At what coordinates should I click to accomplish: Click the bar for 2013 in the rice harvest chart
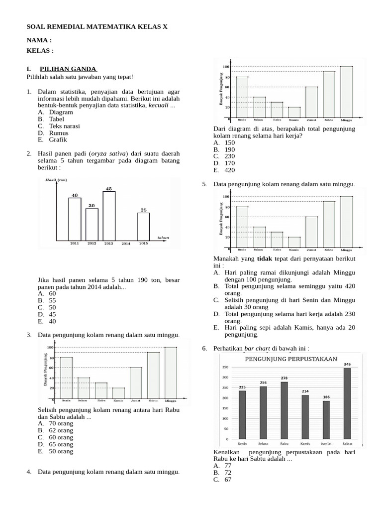click(x=109, y=217)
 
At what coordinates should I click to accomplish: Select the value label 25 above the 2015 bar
click(x=143, y=210)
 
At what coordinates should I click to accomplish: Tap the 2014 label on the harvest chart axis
click(x=126, y=244)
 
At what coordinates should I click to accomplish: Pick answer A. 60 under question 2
click(x=47, y=294)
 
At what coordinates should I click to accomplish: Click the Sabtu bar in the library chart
click(x=347, y=404)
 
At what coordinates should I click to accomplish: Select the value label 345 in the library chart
click(x=347, y=364)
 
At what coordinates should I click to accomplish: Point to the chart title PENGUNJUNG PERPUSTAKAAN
click(x=291, y=359)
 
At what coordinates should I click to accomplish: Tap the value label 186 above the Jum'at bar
click(x=326, y=397)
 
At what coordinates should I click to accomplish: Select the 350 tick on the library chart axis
click(x=225, y=367)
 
